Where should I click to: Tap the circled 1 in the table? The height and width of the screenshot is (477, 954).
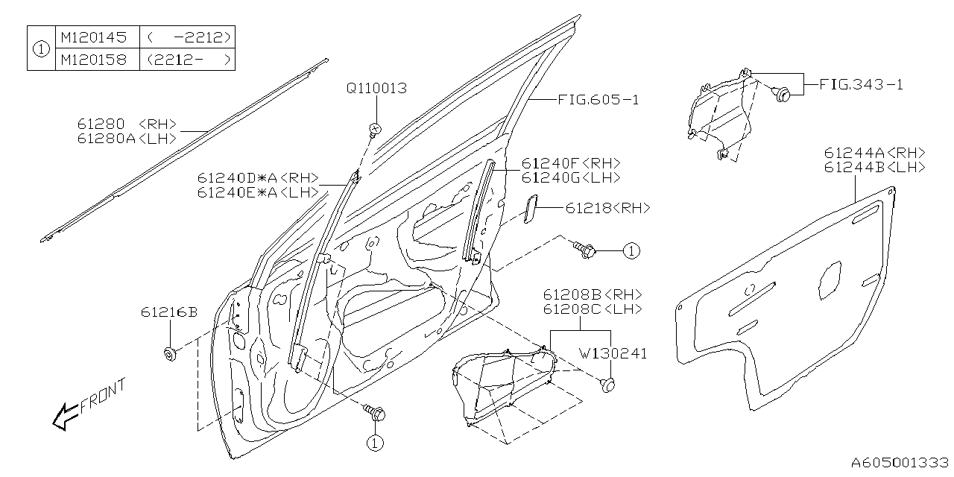(41, 48)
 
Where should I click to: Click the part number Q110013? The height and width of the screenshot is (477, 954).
(376, 88)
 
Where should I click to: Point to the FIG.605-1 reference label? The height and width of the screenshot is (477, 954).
(598, 99)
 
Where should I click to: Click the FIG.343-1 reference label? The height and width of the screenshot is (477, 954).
(861, 84)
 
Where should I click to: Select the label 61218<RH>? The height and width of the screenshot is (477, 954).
(607, 209)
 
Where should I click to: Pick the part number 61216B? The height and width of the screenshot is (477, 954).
(168, 312)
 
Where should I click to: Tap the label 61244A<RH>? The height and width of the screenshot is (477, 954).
(874, 153)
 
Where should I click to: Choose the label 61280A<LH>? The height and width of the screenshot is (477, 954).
(127, 139)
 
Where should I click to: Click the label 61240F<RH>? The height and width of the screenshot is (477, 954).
(571, 163)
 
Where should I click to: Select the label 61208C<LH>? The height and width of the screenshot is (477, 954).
(592, 309)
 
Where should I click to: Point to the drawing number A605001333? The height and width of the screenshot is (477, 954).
(900, 463)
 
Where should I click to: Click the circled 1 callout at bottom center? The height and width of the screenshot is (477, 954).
(374, 443)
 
